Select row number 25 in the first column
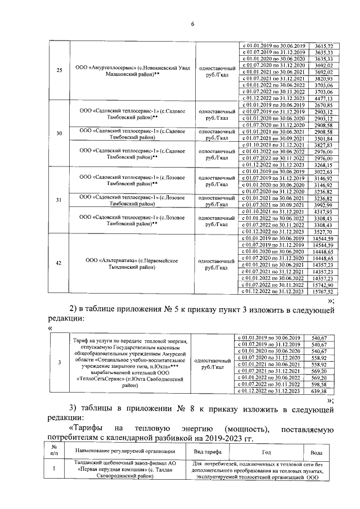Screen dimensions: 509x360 [x=60, y=70]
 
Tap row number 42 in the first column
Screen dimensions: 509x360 [x=60, y=263]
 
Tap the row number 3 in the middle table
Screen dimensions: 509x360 [x=60, y=363]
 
